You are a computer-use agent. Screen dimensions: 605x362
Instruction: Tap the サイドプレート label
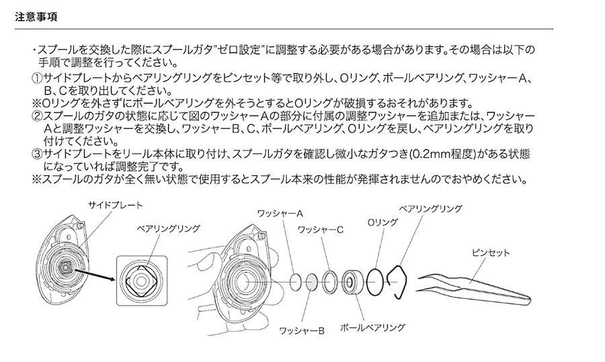coord(116,205)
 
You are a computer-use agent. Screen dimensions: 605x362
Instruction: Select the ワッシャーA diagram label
coord(280,213)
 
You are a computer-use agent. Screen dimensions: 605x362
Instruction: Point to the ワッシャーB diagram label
coord(302,331)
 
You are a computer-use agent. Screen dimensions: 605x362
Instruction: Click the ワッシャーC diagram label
coord(320,230)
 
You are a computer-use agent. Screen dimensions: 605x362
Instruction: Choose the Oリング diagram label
coord(382,222)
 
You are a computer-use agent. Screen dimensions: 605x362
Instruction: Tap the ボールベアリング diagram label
coord(372,328)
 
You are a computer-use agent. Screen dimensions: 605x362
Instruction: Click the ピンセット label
coord(491,253)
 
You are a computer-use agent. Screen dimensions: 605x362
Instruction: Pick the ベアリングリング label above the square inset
coord(169,228)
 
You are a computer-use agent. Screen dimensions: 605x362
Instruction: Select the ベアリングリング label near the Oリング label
coord(431,209)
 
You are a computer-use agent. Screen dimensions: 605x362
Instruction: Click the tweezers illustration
coord(474,289)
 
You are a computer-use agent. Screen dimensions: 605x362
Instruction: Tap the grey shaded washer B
coord(312,283)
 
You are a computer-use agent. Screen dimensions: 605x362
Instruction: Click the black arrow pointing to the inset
coord(95,275)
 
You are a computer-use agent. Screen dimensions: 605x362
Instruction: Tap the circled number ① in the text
coord(37,79)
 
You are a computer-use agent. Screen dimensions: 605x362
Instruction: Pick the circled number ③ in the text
coord(37,154)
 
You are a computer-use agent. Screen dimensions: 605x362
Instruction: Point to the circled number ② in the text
coord(37,116)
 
